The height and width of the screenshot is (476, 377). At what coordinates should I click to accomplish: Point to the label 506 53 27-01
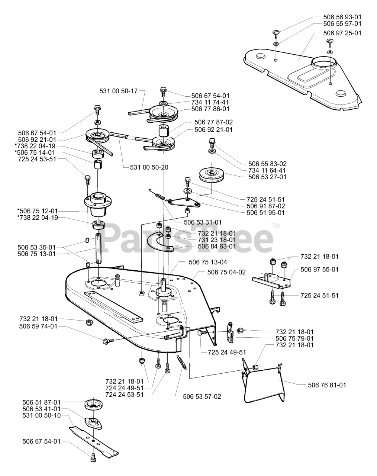click(267, 177)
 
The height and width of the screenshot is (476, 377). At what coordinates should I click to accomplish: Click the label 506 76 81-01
click(327, 385)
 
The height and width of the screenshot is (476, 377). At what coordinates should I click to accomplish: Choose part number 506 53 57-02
click(202, 396)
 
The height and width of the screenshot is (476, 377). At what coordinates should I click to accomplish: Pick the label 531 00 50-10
click(41, 415)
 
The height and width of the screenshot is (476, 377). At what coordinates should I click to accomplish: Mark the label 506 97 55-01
click(320, 269)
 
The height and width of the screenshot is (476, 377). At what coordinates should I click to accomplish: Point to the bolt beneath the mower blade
click(93, 457)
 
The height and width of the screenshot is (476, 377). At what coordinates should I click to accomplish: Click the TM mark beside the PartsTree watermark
click(275, 226)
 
